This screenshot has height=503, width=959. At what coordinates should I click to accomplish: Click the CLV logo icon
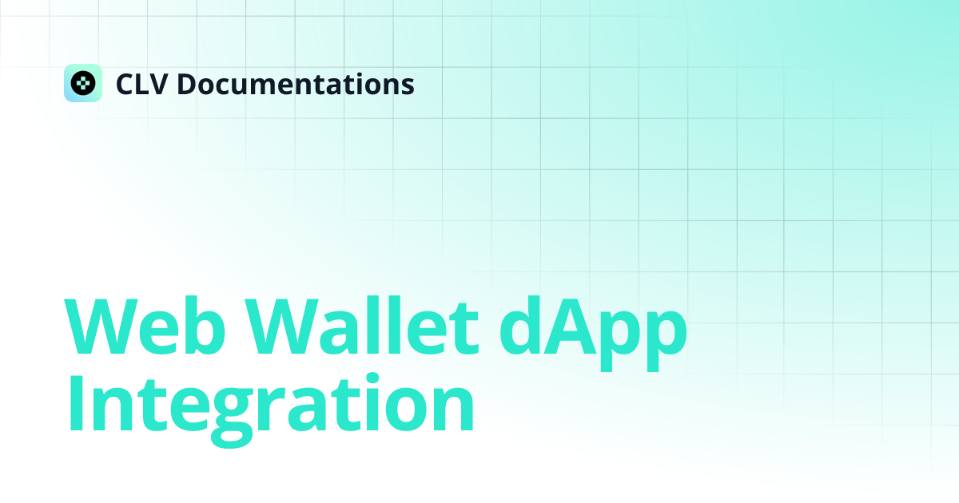coord(83,83)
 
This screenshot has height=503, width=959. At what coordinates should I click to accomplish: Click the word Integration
coord(271,410)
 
